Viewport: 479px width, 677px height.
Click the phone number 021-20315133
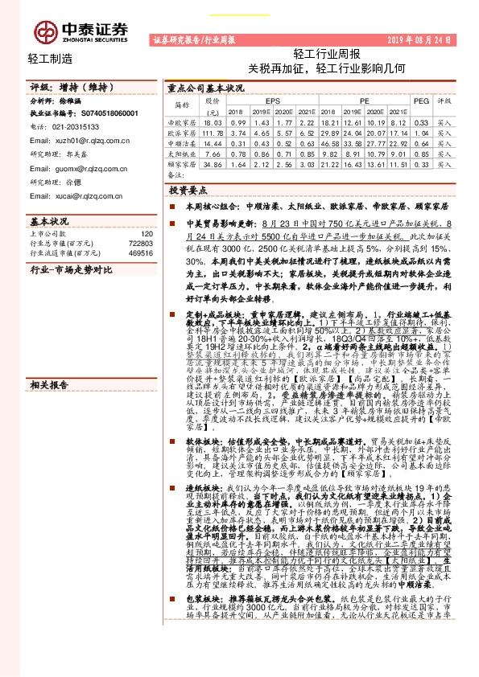coord(77,126)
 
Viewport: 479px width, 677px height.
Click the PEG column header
coord(419,101)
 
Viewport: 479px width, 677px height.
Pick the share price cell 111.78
coord(213,132)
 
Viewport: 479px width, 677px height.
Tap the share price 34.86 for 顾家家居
coord(213,163)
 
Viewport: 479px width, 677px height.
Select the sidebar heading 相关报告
coord(49,318)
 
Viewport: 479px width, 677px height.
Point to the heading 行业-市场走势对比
coord(71,271)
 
